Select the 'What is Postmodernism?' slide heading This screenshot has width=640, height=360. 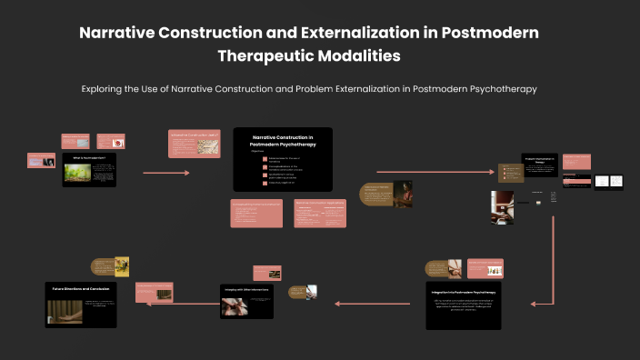89,157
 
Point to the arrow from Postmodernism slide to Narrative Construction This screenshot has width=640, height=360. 166,172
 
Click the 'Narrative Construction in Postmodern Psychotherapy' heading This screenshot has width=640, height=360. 282,140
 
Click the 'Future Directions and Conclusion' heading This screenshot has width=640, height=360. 81,287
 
